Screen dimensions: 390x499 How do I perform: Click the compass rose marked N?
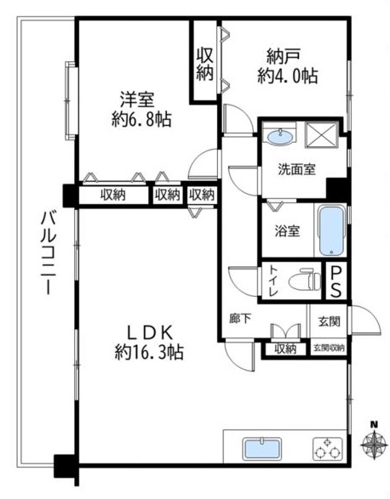[374, 443]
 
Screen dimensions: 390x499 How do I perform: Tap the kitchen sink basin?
[262, 449]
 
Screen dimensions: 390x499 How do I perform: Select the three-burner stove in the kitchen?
[328, 449]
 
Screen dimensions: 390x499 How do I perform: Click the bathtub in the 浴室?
[331, 230]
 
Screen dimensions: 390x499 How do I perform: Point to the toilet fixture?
[305, 280]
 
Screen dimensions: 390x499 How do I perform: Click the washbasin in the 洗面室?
[280, 137]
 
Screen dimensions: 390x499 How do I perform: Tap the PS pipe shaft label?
[336, 281]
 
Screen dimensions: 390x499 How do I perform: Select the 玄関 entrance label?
[329, 321]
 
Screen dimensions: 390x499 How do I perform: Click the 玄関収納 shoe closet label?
[329, 349]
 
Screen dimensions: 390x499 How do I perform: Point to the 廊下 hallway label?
[240, 319]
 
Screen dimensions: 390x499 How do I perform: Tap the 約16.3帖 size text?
[149, 352]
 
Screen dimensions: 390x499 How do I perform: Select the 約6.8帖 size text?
[141, 120]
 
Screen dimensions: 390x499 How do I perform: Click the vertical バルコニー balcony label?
[49, 253]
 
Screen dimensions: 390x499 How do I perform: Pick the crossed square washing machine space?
[321, 135]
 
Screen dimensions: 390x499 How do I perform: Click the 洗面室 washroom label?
[297, 169]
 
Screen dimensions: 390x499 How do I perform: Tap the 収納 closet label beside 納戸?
[204, 64]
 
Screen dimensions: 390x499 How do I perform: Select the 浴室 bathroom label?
[287, 230]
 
